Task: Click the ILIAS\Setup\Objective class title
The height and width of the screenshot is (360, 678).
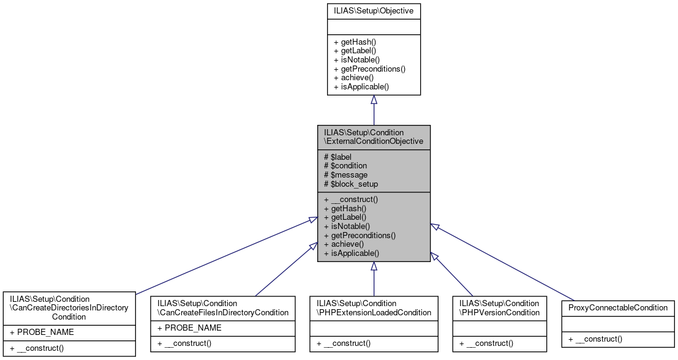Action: point(373,10)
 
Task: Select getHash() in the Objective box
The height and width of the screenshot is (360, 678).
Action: point(355,42)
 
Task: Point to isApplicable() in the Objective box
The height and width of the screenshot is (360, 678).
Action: point(361,87)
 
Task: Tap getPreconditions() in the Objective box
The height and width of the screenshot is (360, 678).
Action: point(369,69)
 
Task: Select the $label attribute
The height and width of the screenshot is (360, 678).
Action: point(337,157)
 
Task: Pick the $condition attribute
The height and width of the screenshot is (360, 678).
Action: point(345,165)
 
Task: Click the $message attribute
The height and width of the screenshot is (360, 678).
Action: point(345,174)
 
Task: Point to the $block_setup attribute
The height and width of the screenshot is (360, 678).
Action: point(350,184)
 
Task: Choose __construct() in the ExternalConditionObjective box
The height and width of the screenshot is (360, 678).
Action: point(351,199)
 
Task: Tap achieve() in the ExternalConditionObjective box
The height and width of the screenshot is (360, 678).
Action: point(344,244)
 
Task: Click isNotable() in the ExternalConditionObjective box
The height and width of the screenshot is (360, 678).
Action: point(347,226)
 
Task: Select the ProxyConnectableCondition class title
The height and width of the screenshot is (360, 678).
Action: point(617,307)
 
